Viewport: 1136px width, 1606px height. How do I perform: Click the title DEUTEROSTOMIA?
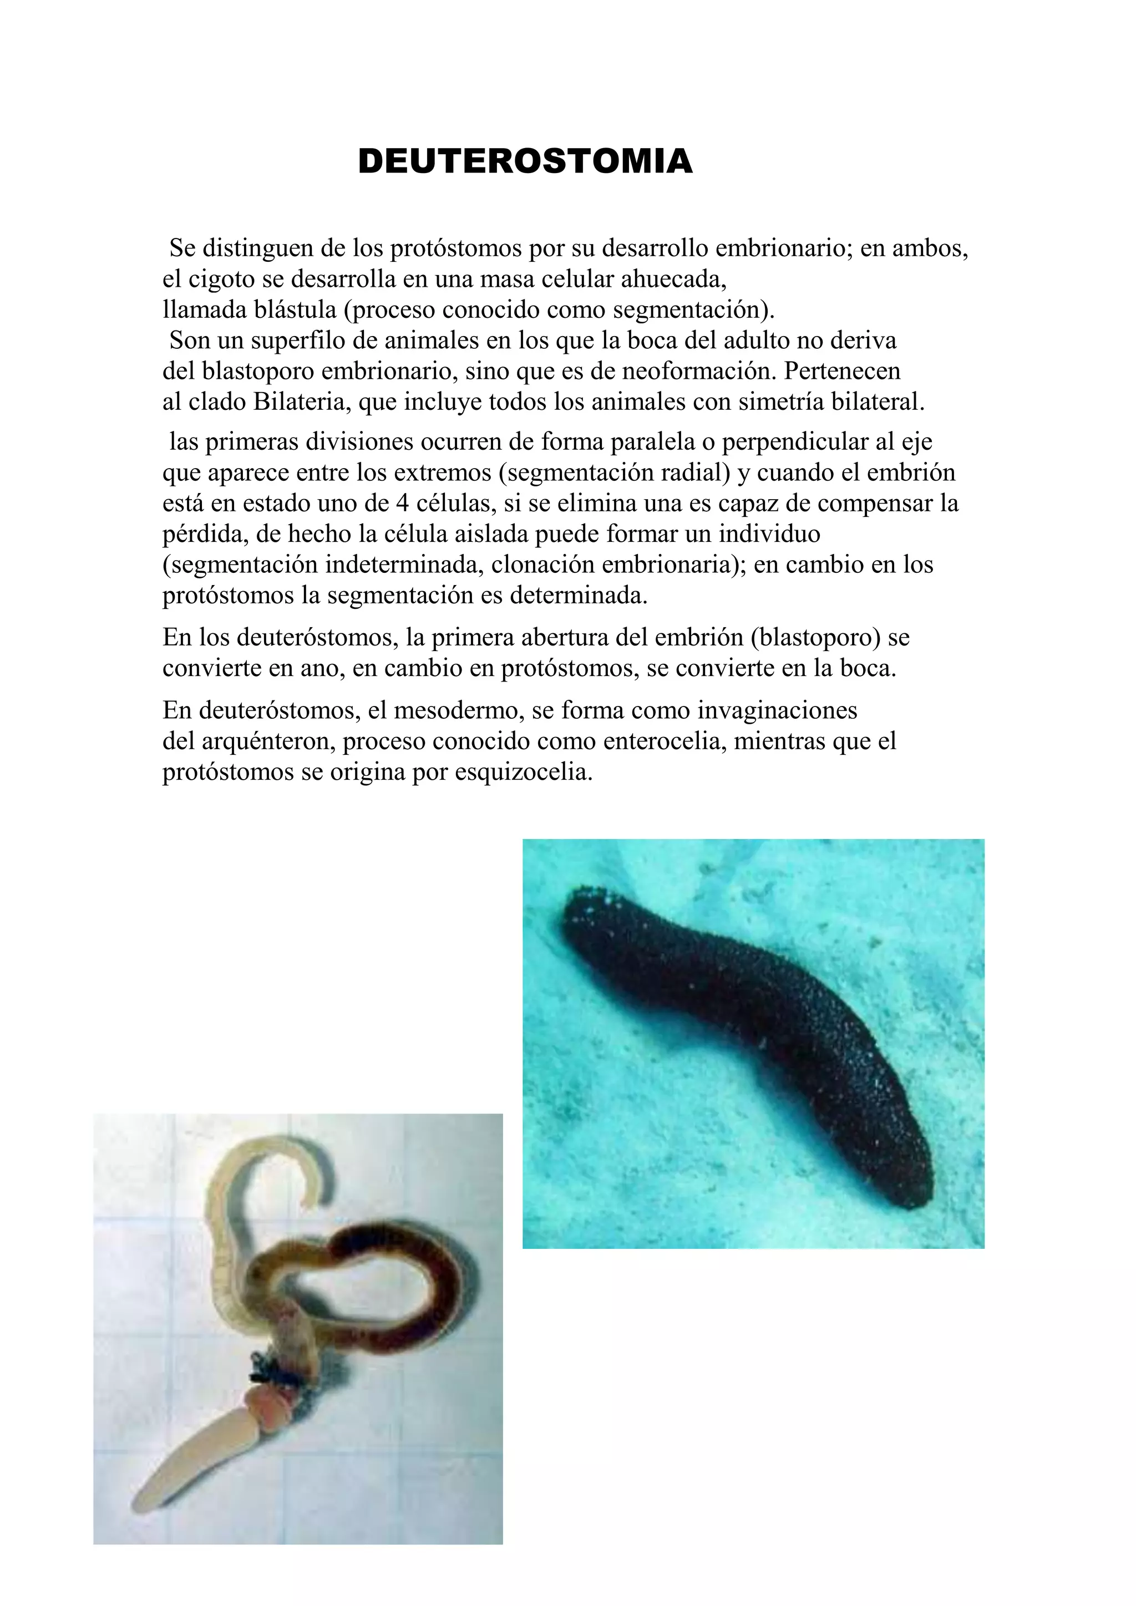coord(525,161)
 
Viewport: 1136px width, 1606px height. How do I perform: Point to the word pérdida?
coord(202,535)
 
